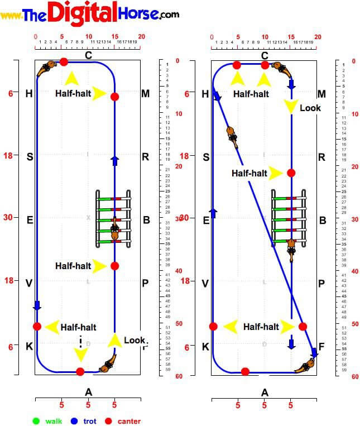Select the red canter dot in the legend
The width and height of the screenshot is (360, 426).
point(109,420)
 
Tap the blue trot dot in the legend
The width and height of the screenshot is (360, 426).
point(72,420)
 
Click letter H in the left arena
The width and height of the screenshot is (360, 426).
point(30,93)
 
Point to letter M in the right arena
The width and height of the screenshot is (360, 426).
point(321,93)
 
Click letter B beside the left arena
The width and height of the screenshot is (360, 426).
point(146,220)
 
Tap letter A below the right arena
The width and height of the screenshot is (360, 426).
point(265,393)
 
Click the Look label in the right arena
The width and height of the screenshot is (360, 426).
point(310,108)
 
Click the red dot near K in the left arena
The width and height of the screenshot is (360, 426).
point(37,326)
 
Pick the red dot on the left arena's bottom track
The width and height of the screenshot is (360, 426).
point(80,372)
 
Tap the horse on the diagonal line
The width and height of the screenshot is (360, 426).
point(233,137)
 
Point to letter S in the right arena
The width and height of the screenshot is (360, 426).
point(206,157)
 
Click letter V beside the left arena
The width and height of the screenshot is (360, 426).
point(29,283)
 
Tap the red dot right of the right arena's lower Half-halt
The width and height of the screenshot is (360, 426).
point(303,326)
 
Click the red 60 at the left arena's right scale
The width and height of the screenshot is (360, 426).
point(179,376)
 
